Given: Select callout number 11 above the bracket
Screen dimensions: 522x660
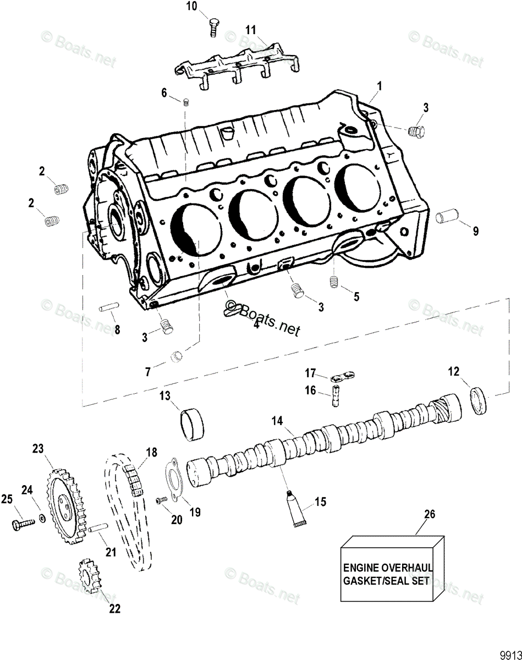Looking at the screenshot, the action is point(251,29).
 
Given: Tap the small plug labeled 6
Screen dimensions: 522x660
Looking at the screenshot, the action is point(186,101).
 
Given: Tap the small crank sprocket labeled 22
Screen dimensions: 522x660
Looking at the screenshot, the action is point(87,574).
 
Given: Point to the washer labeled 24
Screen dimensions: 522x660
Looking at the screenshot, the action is point(42,518).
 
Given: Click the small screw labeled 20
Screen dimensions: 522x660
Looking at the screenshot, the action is point(161,500).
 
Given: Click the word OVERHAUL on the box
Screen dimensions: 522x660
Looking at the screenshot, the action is point(405,566).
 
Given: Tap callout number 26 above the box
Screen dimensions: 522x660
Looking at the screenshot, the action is point(430,514).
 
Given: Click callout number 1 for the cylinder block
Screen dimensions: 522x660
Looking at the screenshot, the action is point(379,86).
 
